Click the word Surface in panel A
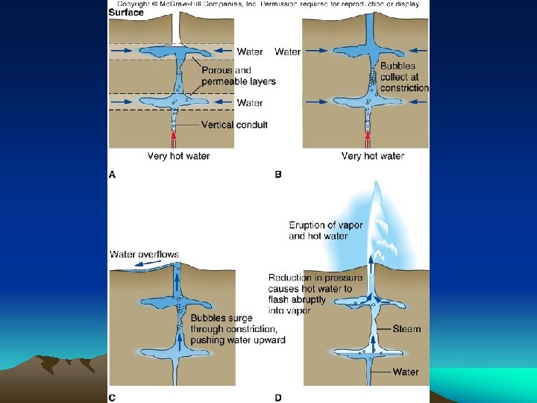126,13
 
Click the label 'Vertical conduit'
233,125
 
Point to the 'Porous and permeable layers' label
238,76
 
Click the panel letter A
113,174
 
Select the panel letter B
278,174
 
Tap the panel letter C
113,397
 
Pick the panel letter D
278,397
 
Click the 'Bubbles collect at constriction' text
404,77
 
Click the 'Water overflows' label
144,254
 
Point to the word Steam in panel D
406,329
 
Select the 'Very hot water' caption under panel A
178,156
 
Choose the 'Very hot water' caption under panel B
372,156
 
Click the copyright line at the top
268,4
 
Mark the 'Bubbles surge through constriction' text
237,329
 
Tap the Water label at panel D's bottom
406,372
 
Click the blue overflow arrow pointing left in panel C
127,263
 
